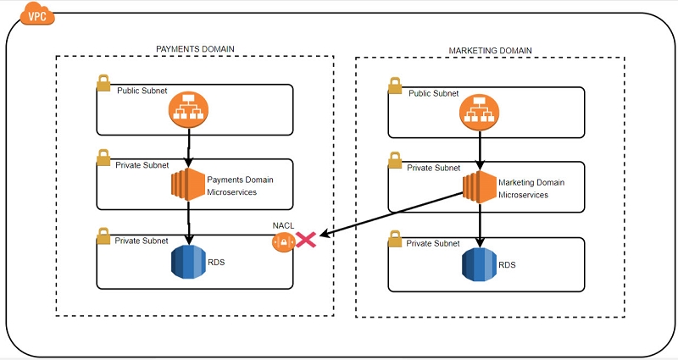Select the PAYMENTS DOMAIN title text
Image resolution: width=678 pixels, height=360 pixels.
[x=196, y=49]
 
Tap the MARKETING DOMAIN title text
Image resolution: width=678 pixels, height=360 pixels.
[x=490, y=51]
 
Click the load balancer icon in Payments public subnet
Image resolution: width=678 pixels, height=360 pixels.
[x=187, y=108]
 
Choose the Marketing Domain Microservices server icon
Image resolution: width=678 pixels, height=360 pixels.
[x=480, y=188]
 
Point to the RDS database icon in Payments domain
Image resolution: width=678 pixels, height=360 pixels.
[x=188, y=262]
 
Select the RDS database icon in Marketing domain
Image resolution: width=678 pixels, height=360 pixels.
[x=480, y=263]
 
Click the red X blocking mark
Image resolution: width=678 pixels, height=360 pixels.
[x=305, y=241]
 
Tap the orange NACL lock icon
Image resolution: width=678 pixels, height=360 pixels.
[x=282, y=242]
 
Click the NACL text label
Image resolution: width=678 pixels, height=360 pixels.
[x=282, y=225]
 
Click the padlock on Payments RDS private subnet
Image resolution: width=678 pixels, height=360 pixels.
[x=103, y=235]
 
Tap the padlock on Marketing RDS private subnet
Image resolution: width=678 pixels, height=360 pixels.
[x=394, y=236]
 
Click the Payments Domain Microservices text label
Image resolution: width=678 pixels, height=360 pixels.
[x=241, y=186]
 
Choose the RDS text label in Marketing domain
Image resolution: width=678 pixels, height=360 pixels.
[x=507, y=264]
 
